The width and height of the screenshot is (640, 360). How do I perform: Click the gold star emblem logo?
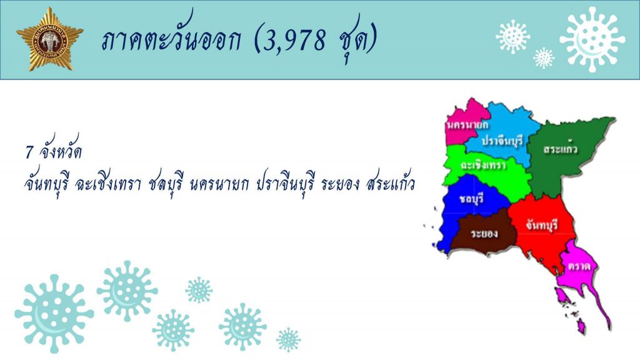click(50, 39)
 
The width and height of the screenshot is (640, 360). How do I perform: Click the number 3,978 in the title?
click(294, 39)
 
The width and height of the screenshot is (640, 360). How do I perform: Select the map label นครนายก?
click(467, 124)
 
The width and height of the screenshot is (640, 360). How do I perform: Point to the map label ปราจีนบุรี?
click(502, 141)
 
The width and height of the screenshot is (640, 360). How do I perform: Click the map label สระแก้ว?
click(560, 149)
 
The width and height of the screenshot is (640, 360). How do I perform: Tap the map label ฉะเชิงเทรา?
click(483, 165)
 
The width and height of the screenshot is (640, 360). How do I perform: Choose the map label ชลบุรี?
click(471, 199)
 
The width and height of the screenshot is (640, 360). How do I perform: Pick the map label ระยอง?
click(484, 234)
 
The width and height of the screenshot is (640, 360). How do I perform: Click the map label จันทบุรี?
click(542, 225)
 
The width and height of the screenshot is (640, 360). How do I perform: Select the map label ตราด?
click(579, 266)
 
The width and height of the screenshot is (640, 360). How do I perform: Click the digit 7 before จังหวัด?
click(29, 152)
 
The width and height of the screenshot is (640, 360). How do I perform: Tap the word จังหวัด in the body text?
click(61, 151)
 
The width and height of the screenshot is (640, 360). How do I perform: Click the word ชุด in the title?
click(352, 39)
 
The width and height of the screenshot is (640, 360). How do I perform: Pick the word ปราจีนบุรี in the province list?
click(285, 184)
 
